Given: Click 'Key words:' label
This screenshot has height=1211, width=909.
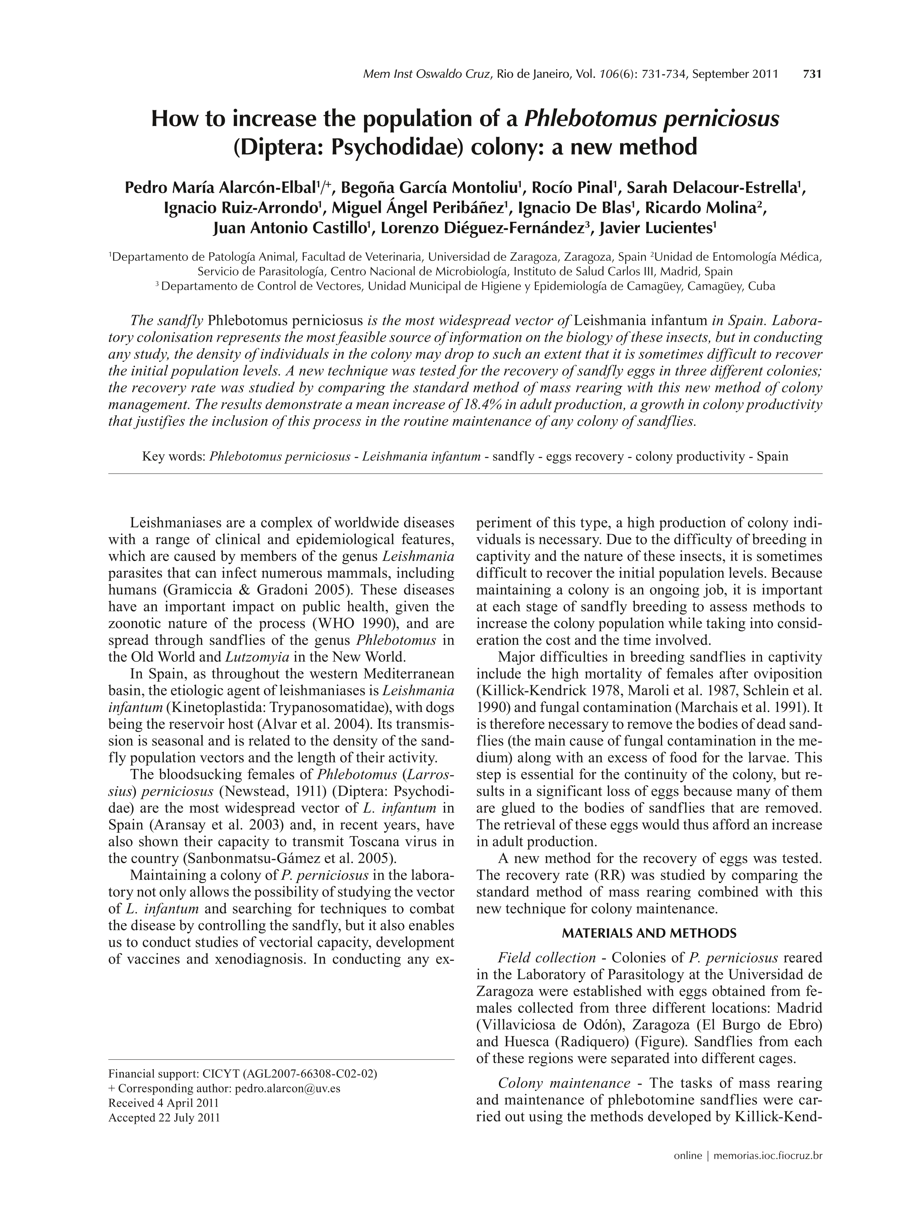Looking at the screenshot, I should pos(174,457).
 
